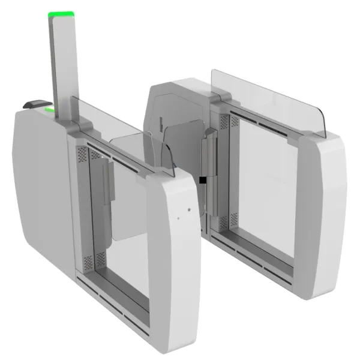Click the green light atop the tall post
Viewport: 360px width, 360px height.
coord(61,14)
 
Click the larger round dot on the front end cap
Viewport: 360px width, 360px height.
coord(189,210)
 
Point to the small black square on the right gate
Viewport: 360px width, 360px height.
coord(204,179)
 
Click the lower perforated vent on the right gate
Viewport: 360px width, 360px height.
coord(224,222)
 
